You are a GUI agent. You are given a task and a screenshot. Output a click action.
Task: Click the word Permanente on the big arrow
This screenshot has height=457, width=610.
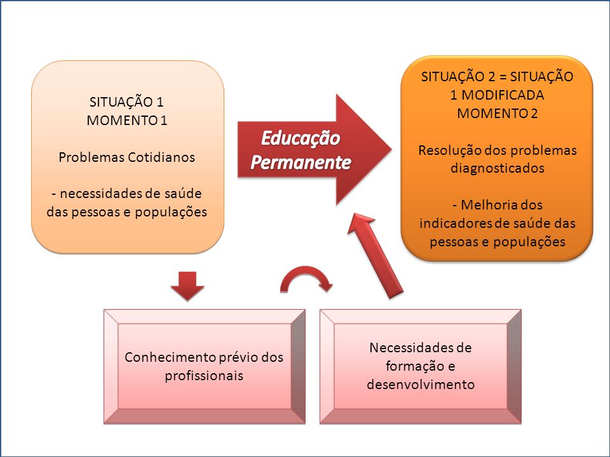tap(301, 162)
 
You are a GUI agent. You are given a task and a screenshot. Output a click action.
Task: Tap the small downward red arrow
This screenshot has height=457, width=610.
tap(187, 286)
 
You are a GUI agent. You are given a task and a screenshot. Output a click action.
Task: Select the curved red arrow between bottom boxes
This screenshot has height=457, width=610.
tap(306, 277)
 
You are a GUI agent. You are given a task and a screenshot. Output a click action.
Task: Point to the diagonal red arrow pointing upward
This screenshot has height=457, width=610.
tap(375, 256)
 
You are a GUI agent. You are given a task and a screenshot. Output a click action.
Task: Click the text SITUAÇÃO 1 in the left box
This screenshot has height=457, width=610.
tap(126, 102)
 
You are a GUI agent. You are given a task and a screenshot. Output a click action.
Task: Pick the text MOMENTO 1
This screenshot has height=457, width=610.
tap(127, 120)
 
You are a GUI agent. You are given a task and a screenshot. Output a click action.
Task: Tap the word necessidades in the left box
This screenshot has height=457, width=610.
tap(102, 193)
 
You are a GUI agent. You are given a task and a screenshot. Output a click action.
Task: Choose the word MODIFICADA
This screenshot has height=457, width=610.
tap(503, 95)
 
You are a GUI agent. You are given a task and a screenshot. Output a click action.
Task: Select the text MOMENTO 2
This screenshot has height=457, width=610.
tap(497, 113)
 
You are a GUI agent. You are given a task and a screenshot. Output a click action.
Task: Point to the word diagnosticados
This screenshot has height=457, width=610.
tap(497, 168)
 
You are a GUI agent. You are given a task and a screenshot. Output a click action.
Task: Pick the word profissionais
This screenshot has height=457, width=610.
tap(204, 376)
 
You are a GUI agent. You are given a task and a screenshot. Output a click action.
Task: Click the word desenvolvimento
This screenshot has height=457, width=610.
tap(421, 385)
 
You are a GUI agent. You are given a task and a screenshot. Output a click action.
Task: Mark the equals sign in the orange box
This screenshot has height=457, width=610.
tap(503, 77)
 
